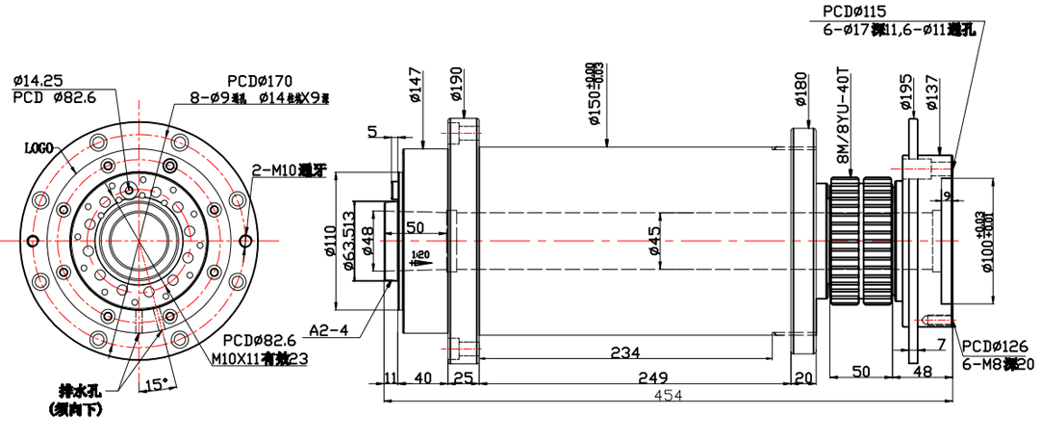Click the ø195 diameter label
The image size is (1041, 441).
click(906, 92)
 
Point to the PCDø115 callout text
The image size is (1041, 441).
click(852, 11)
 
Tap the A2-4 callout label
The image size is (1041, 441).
click(328, 331)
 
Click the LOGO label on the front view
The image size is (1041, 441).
click(38, 147)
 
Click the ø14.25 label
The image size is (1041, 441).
click(38, 80)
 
